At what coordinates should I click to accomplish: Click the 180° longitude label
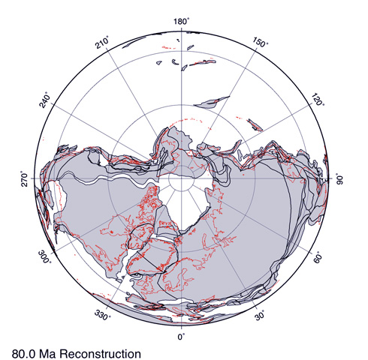tap(180, 21)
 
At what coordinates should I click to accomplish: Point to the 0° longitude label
tap(180, 338)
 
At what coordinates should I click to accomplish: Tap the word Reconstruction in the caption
tap(101, 351)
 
